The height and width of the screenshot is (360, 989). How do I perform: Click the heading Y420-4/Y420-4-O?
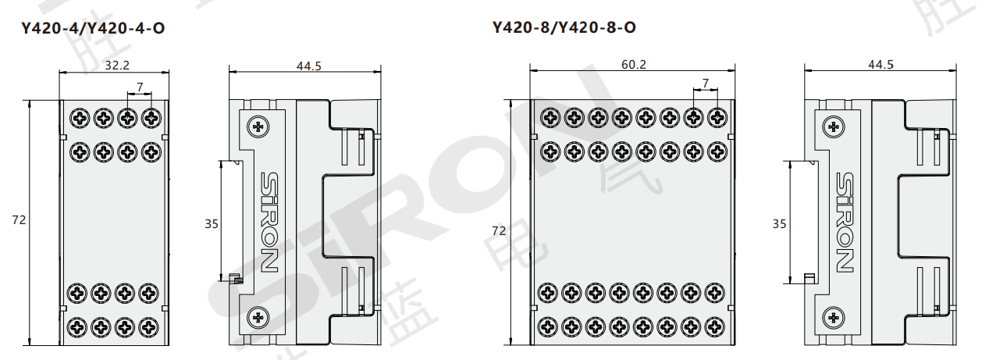pyautogui.click(x=93, y=29)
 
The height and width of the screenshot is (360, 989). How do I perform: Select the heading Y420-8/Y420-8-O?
pyautogui.click(x=564, y=27)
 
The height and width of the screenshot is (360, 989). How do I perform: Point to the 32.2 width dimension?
pyautogui.click(x=117, y=66)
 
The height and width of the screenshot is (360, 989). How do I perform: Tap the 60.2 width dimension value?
pyautogui.click(x=633, y=65)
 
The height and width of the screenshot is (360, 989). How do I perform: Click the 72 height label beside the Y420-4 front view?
pyautogui.click(x=20, y=221)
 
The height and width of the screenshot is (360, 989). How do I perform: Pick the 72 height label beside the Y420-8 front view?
pyautogui.click(x=499, y=231)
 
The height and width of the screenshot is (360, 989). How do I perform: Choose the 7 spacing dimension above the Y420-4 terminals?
pyautogui.click(x=140, y=86)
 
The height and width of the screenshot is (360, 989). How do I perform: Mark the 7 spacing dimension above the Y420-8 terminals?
pyautogui.click(x=706, y=83)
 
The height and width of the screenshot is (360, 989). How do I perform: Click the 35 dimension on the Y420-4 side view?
pyautogui.click(x=212, y=224)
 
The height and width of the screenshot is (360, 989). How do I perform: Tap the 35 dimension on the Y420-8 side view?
pyautogui.click(x=779, y=224)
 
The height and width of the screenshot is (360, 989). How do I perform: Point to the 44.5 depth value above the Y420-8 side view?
pyautogui.click(x=880, y=65)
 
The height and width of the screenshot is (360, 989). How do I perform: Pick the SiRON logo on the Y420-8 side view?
pyautogui.click(x=844, y=221)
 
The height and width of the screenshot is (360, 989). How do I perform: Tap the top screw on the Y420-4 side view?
pyautogui.click(x=258, y=126)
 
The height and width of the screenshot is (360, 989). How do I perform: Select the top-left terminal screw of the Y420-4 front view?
pyautogui.click(x=80, y=119)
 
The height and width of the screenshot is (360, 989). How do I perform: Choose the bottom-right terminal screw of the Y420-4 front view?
pyautogui.click(x=151, y=325)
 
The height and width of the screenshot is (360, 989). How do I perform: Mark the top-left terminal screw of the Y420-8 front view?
pyautogui.click(x=551, y=117)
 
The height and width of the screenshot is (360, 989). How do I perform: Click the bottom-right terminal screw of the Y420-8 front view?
pyautogui.click(x=715, y=323)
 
